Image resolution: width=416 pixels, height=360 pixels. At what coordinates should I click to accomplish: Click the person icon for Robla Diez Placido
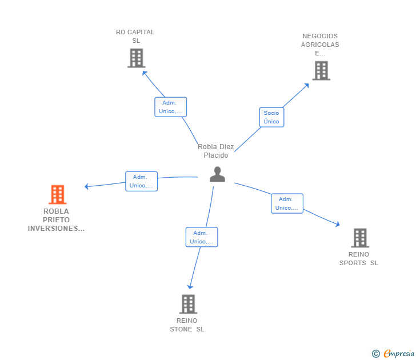(217, 174)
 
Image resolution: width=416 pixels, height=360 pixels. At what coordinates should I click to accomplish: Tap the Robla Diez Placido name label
(216, 151)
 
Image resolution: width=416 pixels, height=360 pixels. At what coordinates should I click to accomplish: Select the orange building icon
(57, 194)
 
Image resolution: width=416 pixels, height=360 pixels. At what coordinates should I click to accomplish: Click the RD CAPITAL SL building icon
(136, 58)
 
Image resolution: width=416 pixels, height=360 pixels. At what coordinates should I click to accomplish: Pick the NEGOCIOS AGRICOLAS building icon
(321, 71)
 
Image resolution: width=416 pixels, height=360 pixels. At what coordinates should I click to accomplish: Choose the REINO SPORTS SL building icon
(359, 238)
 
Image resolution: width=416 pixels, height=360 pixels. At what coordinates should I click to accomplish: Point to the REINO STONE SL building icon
(188, 304)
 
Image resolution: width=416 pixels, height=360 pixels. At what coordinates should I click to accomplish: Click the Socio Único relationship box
(271, 117)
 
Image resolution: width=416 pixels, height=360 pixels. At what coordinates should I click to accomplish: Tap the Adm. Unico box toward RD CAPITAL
(170, 107)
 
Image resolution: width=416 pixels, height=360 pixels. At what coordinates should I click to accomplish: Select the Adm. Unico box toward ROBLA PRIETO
(141, 181)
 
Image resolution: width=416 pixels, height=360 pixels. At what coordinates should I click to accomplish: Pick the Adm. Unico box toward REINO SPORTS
(287, 203)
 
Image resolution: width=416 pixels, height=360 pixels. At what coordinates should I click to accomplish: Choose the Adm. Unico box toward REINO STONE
(201, 237)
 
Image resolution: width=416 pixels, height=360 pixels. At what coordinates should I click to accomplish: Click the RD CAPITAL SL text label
(135, 37)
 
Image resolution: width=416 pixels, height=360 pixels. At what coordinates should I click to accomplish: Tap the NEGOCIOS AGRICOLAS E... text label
(320, 45)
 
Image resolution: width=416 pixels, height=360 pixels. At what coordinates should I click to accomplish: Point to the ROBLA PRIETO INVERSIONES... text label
(56, 220)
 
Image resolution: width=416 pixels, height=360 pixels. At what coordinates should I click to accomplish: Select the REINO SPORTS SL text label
(359, 259)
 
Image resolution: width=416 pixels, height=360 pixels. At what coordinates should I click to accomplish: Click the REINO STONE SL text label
(187, 325)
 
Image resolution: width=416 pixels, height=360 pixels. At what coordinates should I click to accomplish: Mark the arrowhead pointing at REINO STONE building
(190, 287)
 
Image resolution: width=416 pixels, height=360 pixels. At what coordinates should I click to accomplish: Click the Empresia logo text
(398, 354)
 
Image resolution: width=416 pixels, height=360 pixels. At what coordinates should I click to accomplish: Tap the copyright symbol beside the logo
(376, 354)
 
